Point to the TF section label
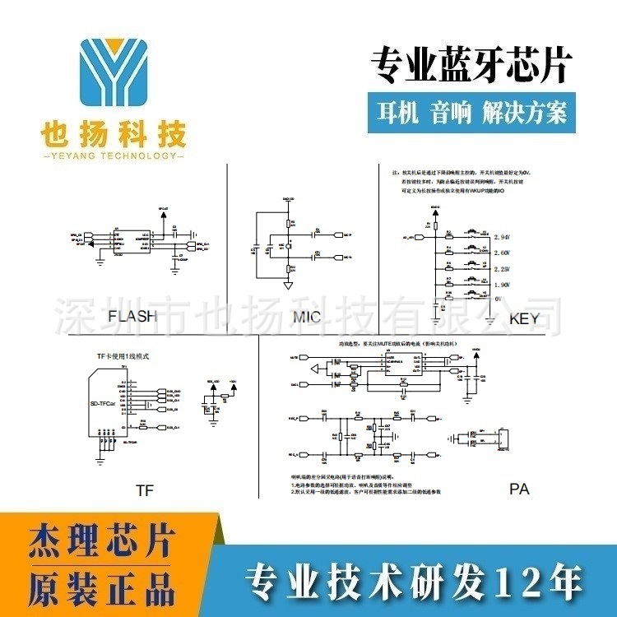click(145, 490)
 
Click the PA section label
click(519, 489)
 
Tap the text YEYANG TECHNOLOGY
click(113, 155)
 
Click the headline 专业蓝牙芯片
click(471, 66)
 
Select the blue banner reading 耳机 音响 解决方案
click(471, 111)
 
